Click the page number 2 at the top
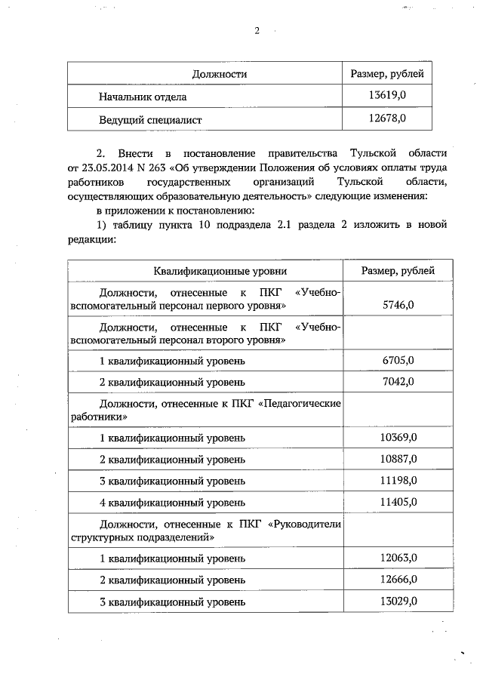(257, 31)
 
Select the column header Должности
(220, 74)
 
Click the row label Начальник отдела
(143, 97)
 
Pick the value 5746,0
(398, 304)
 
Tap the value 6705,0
(398, 360)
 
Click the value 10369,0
(398, 437)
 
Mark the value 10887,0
(398, 459)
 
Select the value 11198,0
(398, 481)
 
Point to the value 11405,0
(398, 501)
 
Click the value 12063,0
(398, 558)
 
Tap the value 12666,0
(398, 580)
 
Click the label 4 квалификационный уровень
(173, 502)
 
